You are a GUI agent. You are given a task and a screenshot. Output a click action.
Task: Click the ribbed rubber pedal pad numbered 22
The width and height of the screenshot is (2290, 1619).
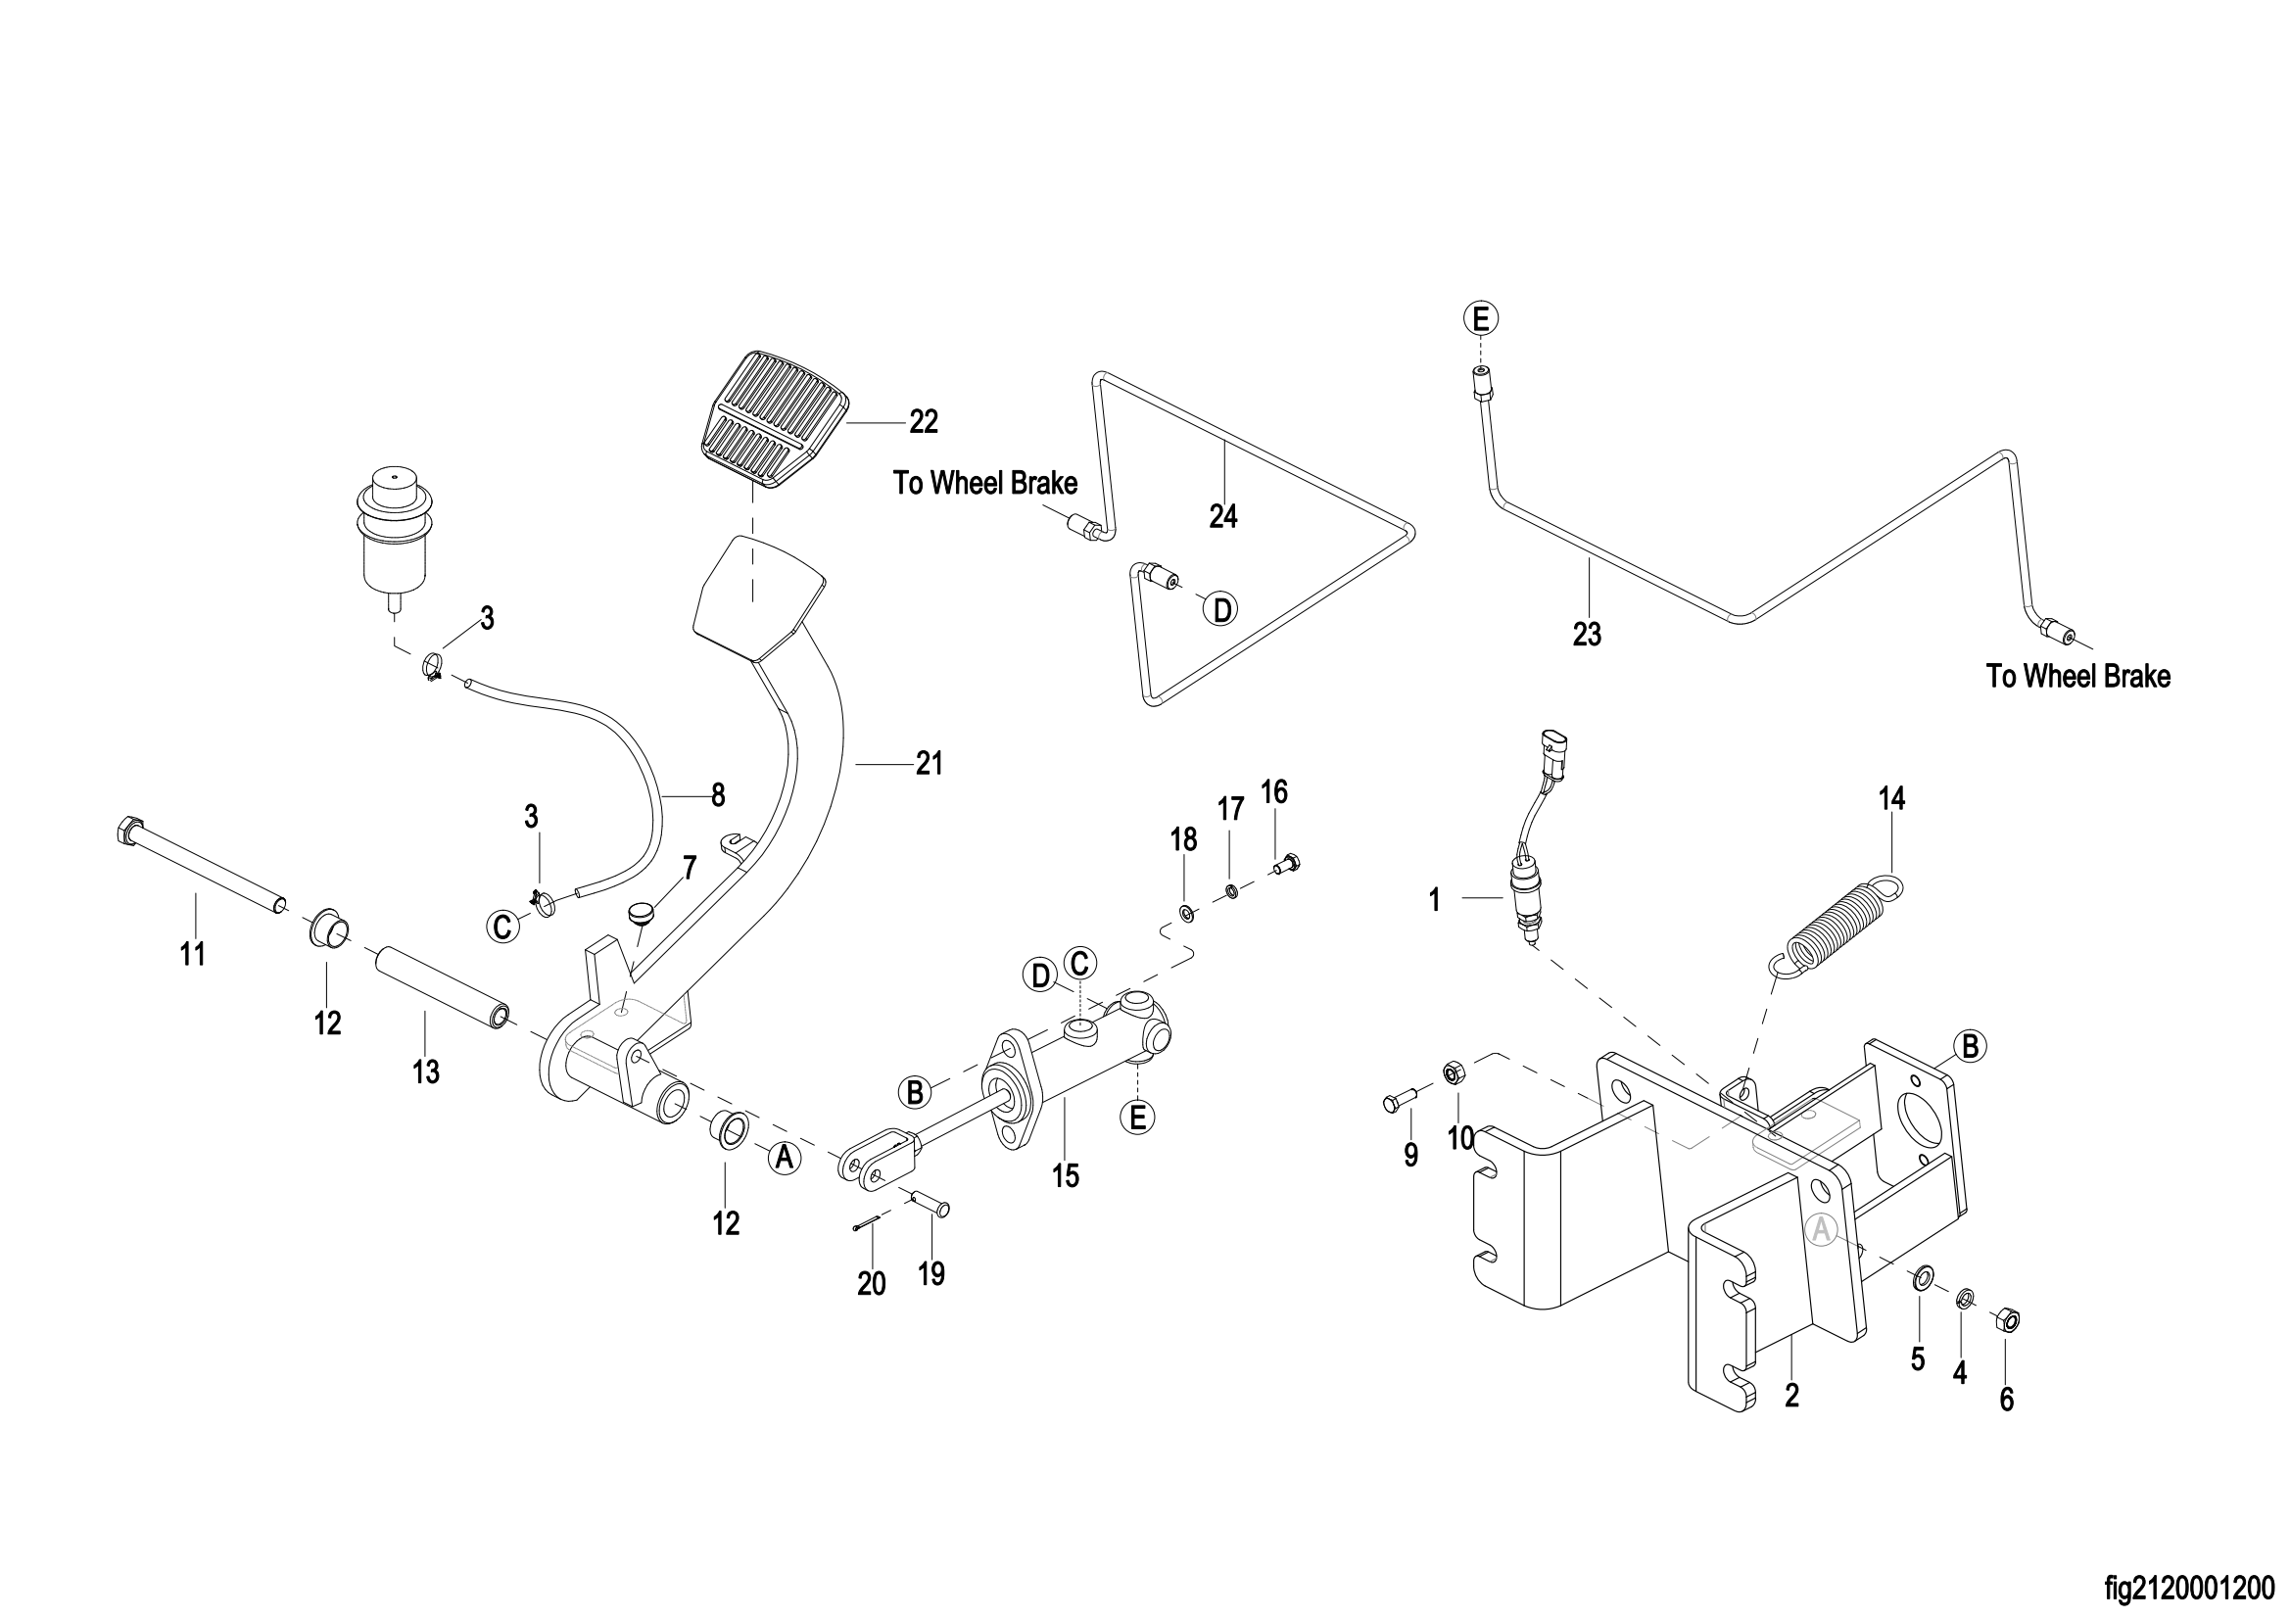tap(776, 419)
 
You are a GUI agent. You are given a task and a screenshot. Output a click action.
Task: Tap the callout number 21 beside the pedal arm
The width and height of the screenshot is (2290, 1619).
tap(930, 764)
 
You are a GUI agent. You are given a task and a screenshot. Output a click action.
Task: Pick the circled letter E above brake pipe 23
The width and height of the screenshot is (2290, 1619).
tap(1481, 318)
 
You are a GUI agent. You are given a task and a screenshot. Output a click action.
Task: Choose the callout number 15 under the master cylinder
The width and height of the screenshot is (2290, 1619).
tap(1066, 1176)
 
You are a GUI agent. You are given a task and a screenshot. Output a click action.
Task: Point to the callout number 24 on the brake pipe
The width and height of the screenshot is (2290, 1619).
tap(1222, 516)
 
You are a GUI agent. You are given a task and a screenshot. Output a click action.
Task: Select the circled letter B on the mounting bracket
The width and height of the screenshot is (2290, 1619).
tap(1970, 1046)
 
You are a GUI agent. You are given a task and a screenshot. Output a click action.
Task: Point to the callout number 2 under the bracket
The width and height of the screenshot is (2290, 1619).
tap(1791, 1396)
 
